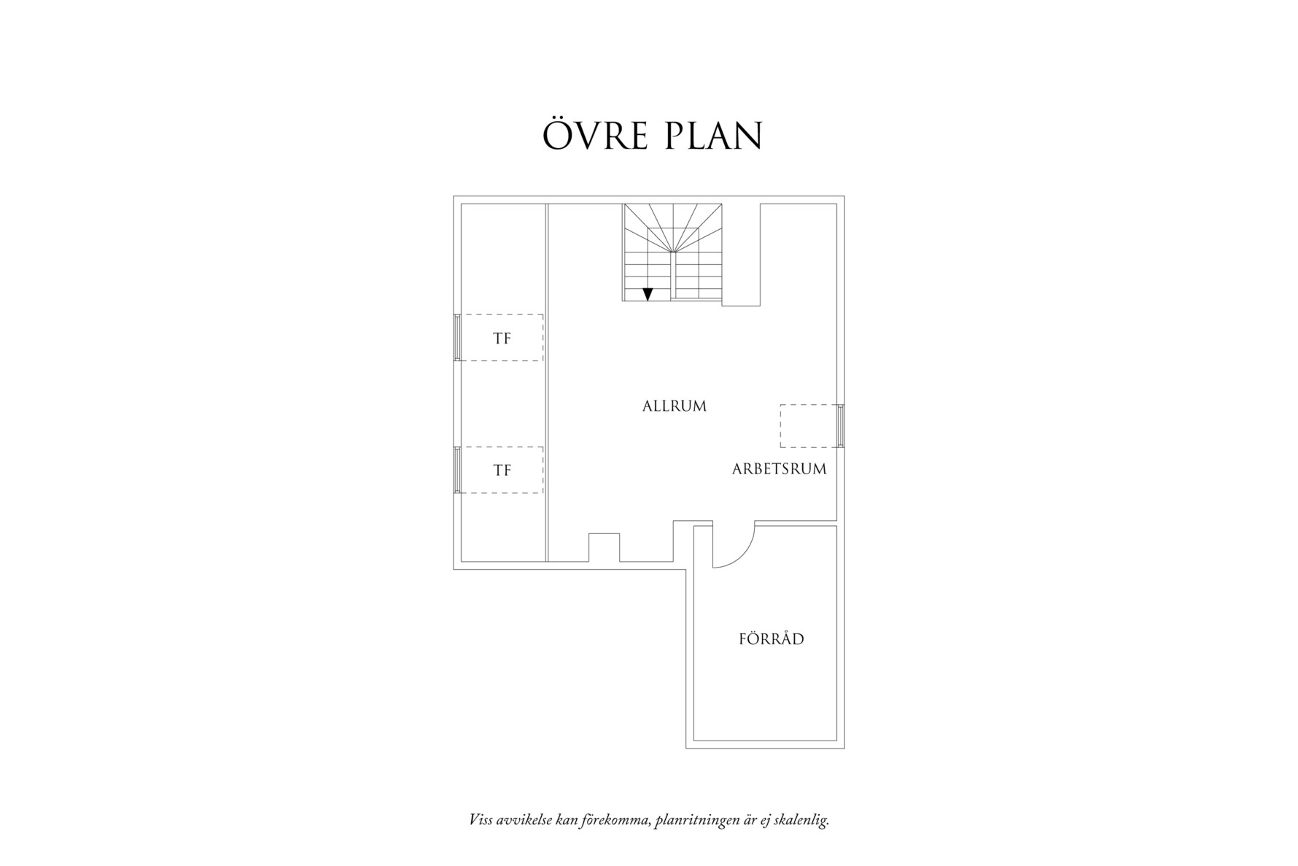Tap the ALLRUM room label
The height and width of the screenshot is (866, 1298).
[675, 406]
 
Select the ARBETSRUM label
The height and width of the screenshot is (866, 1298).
[780, 469]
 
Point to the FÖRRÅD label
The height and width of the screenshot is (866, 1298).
[772, 639]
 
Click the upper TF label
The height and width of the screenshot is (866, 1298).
[502, 339]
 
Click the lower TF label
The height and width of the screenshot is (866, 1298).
[502, 471]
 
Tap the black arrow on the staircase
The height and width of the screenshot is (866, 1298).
[648, 294]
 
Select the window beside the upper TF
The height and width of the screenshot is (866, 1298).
[457, 337]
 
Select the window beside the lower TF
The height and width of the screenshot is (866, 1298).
[457, 469]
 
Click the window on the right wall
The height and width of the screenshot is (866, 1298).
[840, 426]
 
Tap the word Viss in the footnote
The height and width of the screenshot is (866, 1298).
[480, 820]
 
